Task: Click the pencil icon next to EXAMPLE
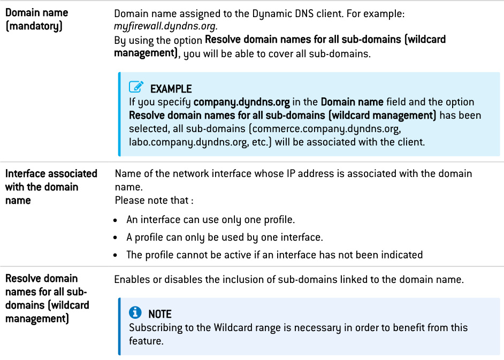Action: [136, 88]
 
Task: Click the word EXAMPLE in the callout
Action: [171, 89]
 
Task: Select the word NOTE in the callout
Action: [160, 315]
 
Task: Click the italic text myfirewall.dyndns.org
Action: [157, 26]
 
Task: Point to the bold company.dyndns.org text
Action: [241, 102]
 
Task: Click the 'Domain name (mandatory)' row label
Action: [36, 19]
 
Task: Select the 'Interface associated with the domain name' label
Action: [51, 187]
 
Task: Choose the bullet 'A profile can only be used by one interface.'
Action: [224, 237]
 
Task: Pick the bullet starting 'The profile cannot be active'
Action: [274, 255]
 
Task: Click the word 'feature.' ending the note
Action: [147, 341]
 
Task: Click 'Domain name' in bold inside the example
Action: [352, 102]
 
